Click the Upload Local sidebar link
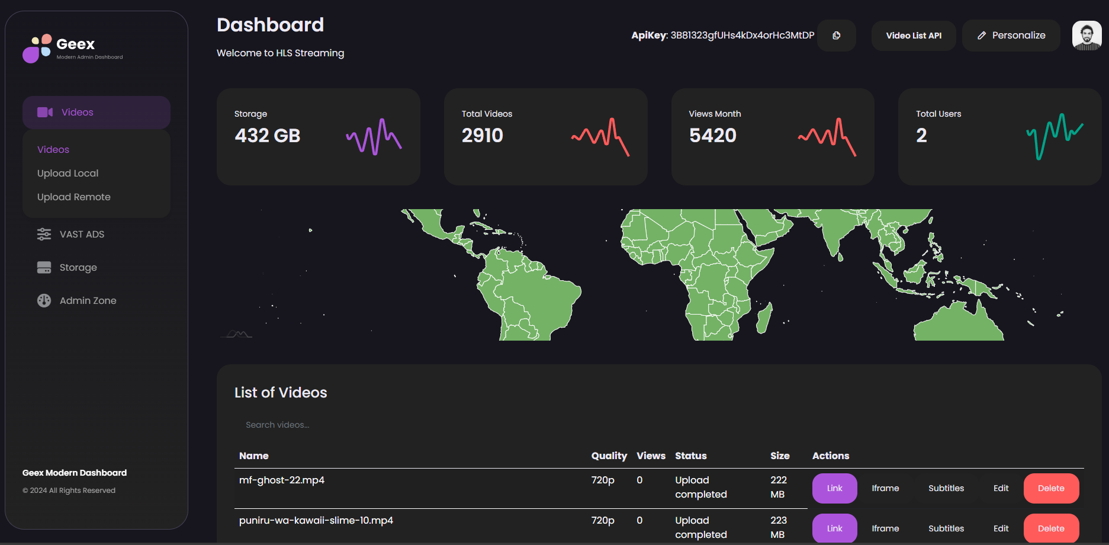point(67,173)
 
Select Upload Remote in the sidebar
point(73,197)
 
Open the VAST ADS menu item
point(70,234)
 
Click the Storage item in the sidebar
point(67,267)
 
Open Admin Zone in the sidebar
point(76,300)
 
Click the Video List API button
point(914,36)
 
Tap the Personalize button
point(1011,36)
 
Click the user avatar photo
point(1087,36)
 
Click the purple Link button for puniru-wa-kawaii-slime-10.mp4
point(834,528)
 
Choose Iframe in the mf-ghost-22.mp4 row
point(885,488)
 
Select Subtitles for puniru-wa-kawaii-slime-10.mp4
point(946,528)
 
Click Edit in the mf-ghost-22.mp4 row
point(1001,488)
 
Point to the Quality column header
point(609,456)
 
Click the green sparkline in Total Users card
point(1055,136)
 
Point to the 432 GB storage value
point(268,136)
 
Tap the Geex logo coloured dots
point(37,48)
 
